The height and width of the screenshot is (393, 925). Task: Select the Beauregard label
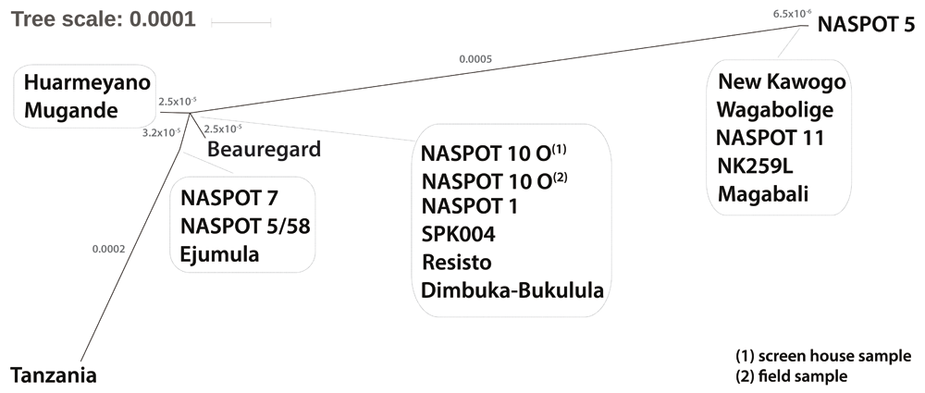click(264, 148)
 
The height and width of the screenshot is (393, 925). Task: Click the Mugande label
click(72, 111)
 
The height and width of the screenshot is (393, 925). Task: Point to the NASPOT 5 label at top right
click(865, 24)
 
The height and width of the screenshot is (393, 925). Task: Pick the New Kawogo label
click(783, 81)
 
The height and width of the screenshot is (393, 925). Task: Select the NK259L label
click(756, 166)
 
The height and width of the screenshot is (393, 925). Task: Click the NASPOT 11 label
click(771, 138)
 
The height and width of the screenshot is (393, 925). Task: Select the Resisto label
click(458, 262)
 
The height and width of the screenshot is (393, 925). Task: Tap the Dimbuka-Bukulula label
click(512, 290)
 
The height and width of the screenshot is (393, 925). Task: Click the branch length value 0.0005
click(475, 59)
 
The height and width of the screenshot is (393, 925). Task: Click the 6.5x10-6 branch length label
click(792, 13)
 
